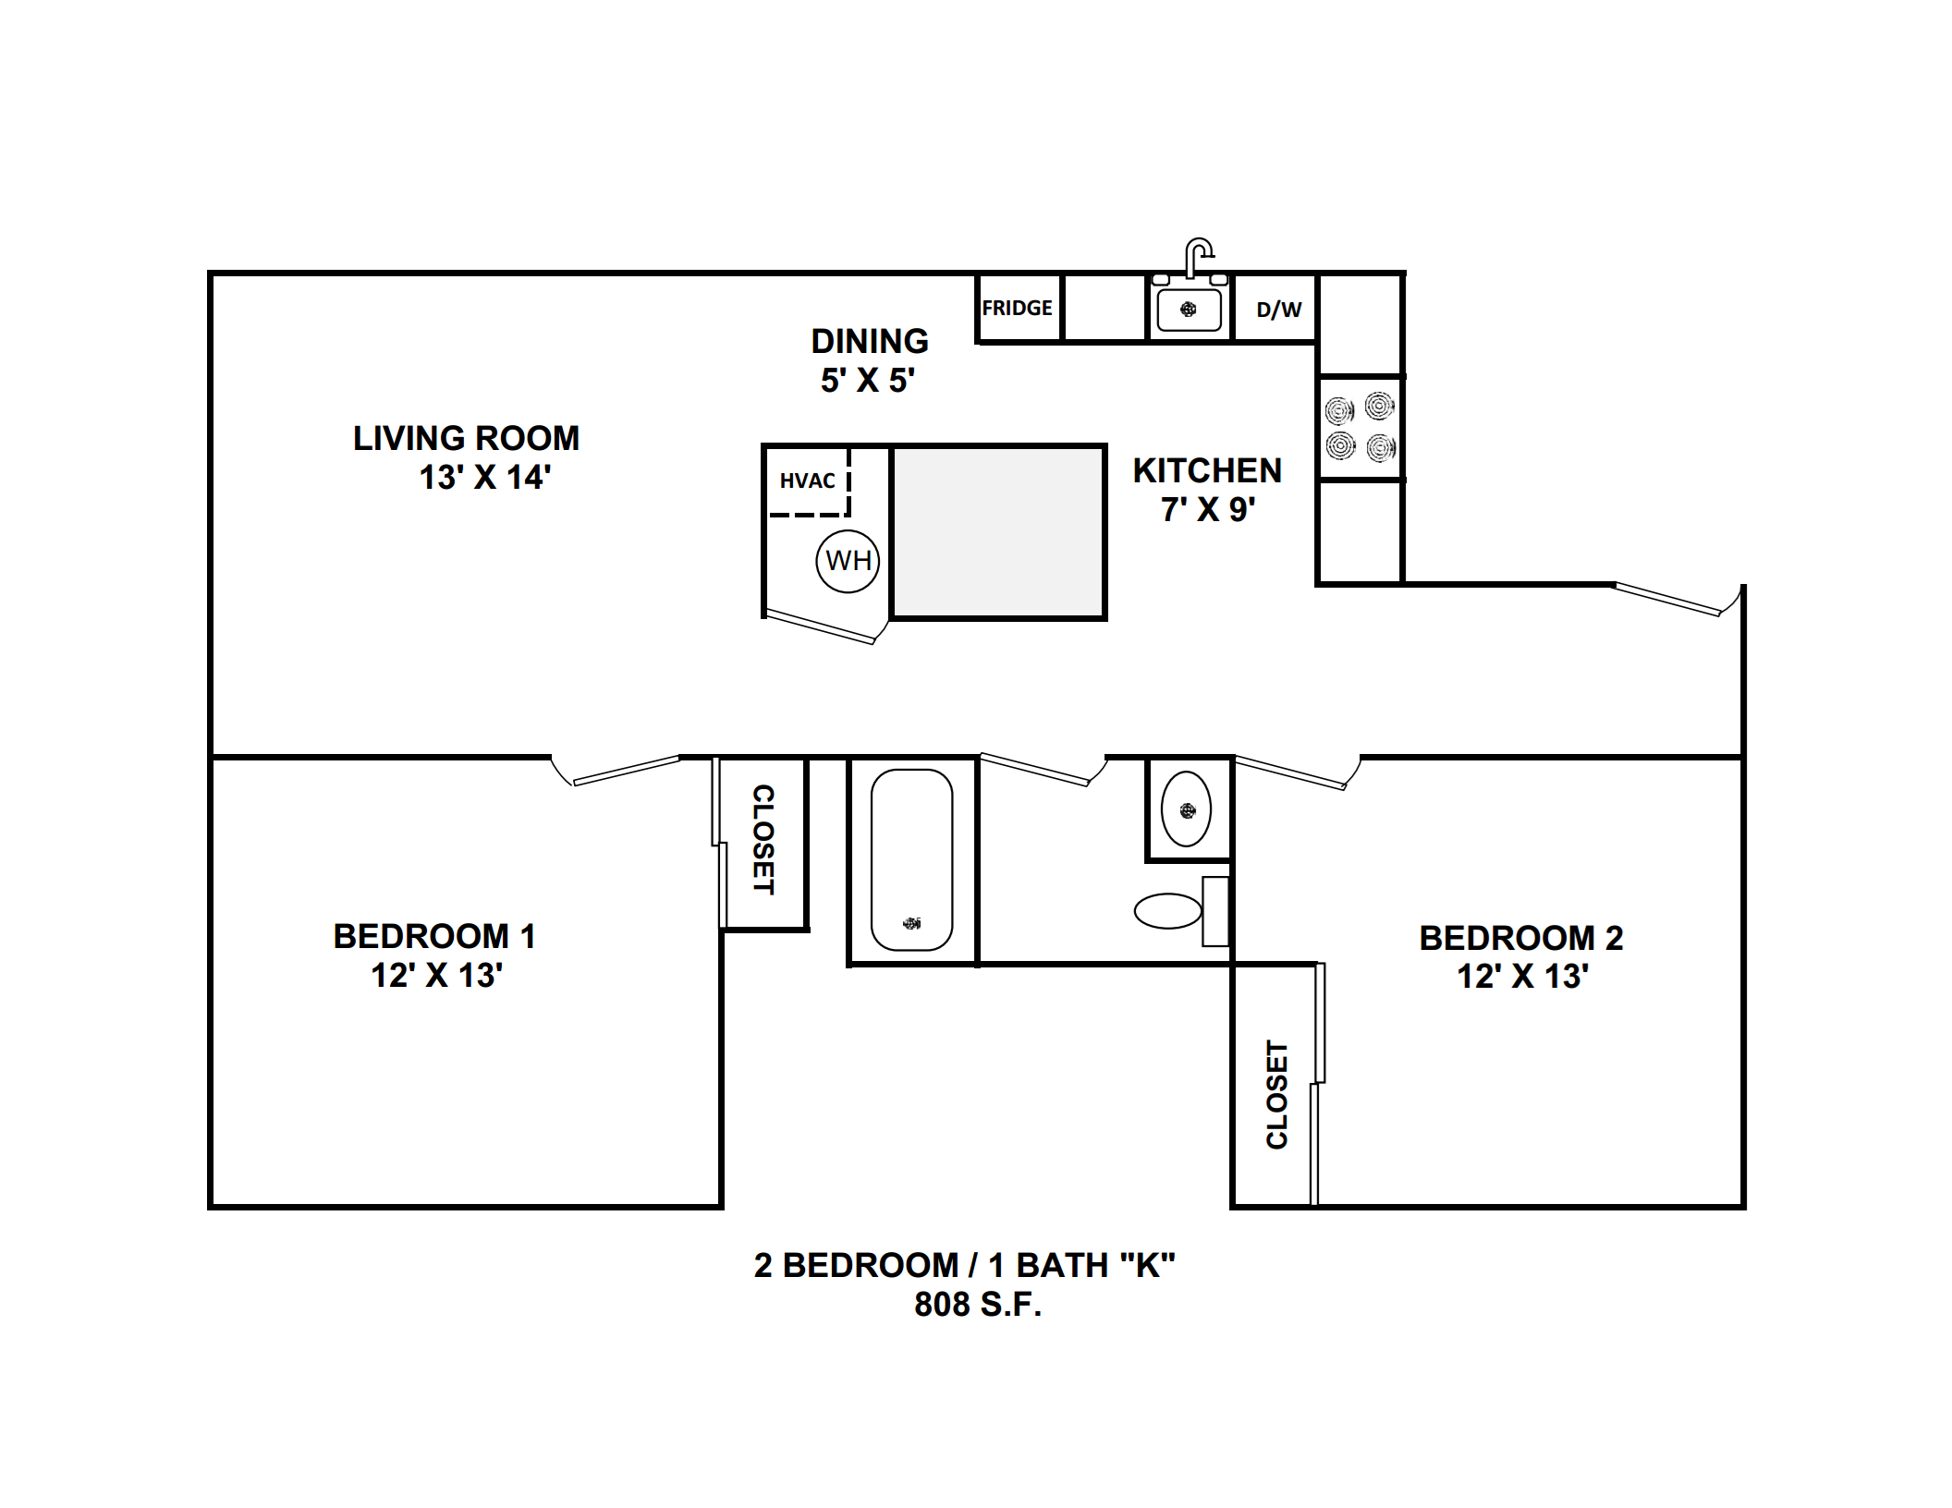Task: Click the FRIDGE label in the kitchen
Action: point(1017,308)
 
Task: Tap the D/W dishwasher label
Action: point(1279,310)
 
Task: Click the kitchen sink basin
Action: point(1189,310)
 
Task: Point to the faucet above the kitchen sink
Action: point(1199,257)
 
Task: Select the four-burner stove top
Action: point(1360,427)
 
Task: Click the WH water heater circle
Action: point(848,561)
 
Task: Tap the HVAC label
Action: point(807,480)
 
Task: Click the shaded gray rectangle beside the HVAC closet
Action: point(998,531)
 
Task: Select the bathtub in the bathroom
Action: point(911,859)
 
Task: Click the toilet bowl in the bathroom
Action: point(1168,911)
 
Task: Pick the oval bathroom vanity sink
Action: point(1187,809)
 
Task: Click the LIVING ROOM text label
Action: point(466,438)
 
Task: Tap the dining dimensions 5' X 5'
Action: point(868,380)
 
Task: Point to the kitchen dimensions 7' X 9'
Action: point(1208,509)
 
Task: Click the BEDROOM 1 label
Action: point(434,936)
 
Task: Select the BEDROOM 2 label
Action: point(1521,938)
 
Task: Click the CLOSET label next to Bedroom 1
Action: point(763,839)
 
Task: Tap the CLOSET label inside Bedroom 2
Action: point(1276,1095)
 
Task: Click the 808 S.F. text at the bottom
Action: point(978,1304)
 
